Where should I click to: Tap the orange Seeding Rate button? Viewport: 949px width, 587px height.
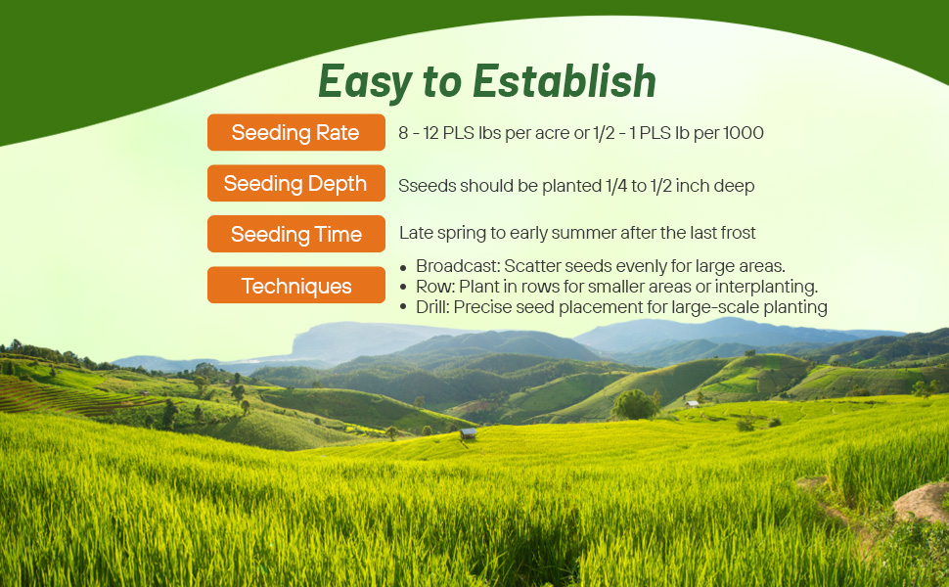click(295, 133)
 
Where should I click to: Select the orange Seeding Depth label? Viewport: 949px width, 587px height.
click(295, 184)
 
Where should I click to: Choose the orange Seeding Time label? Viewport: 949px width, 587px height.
click(295, 235)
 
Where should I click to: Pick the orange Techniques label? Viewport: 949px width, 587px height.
click(295, 287)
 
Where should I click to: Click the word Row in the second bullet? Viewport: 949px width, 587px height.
click(431, 287)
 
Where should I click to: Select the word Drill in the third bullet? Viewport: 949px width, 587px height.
click(432, 307)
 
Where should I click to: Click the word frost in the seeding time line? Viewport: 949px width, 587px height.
click(737, 234)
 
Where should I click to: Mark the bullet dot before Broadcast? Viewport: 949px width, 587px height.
click(404, 267)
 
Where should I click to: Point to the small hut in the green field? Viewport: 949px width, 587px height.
click(469, 432)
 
